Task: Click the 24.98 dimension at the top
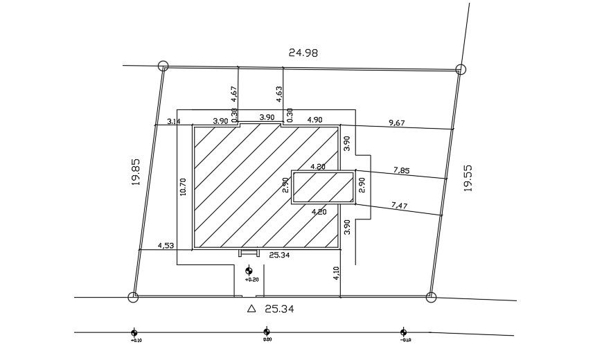click(303, 52)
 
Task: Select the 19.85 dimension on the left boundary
click(135, 172)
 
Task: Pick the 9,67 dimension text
click(397, 123)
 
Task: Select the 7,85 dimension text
click(400, 169)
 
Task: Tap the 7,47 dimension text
click(399, 205)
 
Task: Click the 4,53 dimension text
click(166, 245)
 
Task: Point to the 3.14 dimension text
click(174, 121)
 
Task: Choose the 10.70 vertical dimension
click(183, 187)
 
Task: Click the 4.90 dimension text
click(315, 120)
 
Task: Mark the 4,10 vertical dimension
click(337, 273)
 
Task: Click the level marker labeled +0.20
click(249, 271)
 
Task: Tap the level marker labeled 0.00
click(267, 332)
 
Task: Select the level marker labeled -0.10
click(402, 332)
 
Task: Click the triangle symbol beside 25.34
click(251, 309)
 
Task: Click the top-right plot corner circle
click(460, 69)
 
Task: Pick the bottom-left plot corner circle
click(133, 298)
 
